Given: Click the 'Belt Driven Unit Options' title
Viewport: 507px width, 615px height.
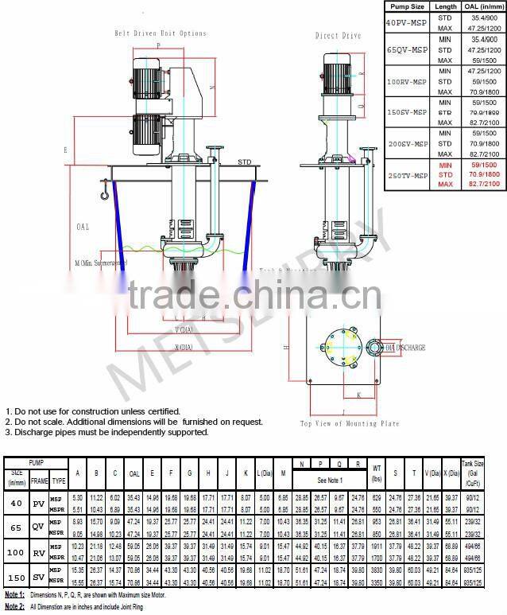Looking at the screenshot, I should click(160, 33).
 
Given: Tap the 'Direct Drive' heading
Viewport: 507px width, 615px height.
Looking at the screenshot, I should click(338, 36).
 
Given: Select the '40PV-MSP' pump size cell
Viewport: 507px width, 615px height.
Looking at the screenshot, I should click(406, 22).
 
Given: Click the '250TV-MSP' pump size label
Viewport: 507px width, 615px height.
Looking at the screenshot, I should click(406, 173).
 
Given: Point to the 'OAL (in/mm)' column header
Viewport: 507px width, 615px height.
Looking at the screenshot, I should click(482, 6).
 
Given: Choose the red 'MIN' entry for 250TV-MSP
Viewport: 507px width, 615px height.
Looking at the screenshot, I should click(445, 164).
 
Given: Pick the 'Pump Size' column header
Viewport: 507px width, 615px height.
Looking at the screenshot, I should click(406, 6).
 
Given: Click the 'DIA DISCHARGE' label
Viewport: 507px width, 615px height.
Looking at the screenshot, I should click(404, 348).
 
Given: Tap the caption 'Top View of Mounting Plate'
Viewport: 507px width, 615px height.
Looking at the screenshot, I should click(349, 424).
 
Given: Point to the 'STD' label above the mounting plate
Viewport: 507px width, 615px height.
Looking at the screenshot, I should click(244, 162).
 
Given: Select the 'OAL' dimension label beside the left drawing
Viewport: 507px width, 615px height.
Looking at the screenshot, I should click(83, 228).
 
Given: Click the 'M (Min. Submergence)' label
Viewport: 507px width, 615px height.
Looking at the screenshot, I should click(100, 262).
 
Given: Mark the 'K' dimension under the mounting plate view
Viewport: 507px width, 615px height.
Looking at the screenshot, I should click(358, 394).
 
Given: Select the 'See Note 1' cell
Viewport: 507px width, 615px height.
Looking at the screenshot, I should click(329, 481).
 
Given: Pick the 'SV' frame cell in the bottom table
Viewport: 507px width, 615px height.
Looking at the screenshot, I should click(38, 576).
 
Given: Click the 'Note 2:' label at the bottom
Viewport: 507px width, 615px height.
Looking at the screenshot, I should click(14, 607).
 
